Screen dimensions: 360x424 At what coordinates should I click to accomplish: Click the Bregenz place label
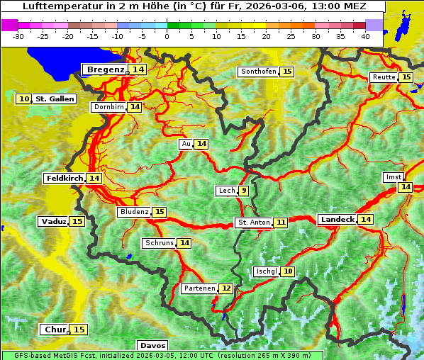click(x=106, y=69)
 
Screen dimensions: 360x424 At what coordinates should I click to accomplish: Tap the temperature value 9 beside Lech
click(x=244, y=191)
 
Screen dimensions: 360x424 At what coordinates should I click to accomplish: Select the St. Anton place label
click(x=253, y=223)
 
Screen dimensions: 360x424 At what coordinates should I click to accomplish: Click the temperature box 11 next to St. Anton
click(x=281, y=223)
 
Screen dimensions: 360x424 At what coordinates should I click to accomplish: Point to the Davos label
click(x=152, y=346)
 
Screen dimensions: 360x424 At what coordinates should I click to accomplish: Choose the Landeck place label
click(x=337, y=220)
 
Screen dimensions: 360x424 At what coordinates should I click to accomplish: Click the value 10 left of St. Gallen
click(x=25, y=99)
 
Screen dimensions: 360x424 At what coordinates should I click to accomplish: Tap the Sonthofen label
click(x=258, y=72)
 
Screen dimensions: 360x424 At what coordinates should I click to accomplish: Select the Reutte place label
click(x=383, y=77)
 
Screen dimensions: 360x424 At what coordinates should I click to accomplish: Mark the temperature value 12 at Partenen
click(x=225, y=288)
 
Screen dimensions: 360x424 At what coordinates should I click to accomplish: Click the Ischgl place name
click(x=265, y=271)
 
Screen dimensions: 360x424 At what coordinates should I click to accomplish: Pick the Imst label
click(x=392, y=176)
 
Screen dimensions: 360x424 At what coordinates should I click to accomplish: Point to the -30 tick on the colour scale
click(x=18, y=36)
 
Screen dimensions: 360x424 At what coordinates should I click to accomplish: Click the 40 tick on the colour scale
click(x=365, y=36)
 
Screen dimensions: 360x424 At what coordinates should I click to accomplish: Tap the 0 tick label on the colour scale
click(x=167, y=36)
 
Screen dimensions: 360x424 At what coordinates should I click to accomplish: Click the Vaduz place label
click(x=54, y=222)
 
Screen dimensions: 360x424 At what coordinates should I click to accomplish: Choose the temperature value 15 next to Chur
click(x=79, y=330)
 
